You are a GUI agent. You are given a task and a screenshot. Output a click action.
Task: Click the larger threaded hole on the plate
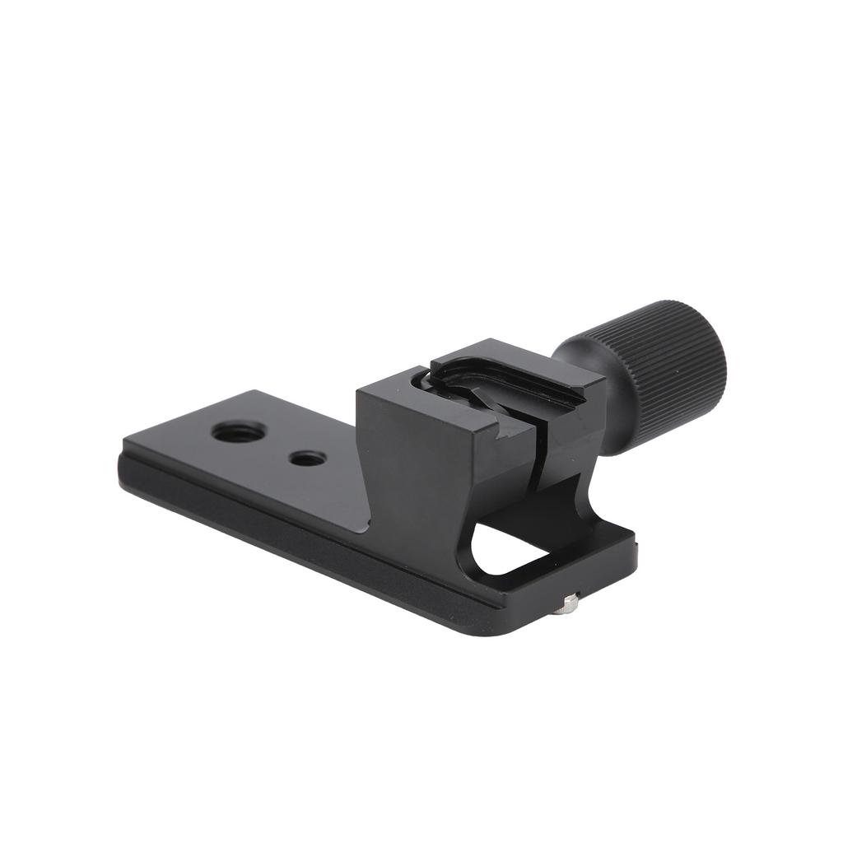pos(238,431)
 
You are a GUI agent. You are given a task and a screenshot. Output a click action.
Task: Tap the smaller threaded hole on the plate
pos(308,458)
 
